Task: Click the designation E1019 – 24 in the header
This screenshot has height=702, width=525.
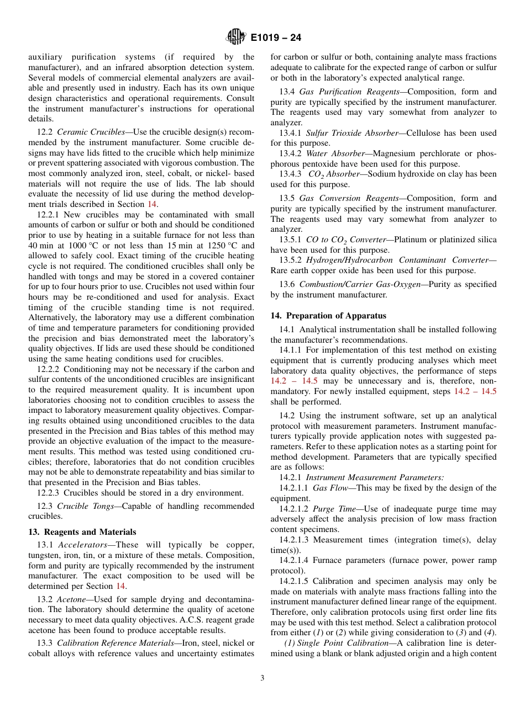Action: point(276,38)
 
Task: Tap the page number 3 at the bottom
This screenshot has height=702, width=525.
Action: point(262,678)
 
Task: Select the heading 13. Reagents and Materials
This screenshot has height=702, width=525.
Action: point(82,532)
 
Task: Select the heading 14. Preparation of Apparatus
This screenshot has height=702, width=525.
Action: point(328,316)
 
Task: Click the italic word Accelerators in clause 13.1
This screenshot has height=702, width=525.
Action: point(83,545)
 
